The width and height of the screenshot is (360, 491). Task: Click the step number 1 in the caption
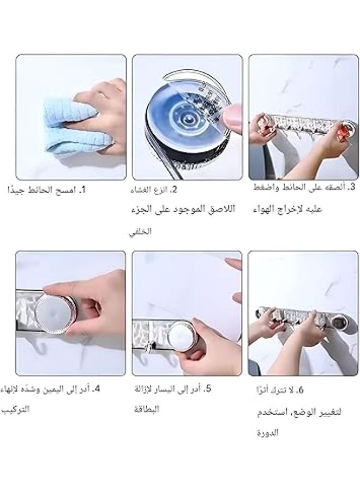tap(83, 190)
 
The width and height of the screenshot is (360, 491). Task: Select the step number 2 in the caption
tap(174, 190)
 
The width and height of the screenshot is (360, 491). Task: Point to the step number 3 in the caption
tap(351, 188)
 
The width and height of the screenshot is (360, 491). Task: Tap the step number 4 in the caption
tap(97, 389)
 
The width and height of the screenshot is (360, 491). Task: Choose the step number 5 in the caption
tap(208, 389)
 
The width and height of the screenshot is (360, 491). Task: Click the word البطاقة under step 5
tap(146, 409)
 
